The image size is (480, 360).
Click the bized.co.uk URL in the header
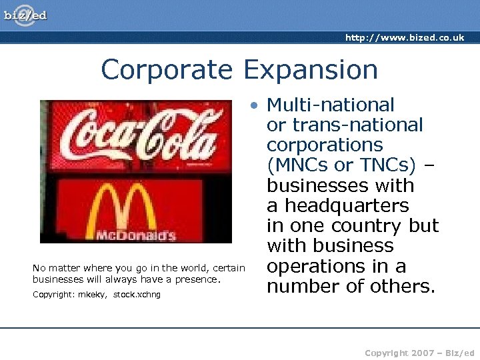(405, 38)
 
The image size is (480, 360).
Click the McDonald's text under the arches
(135, 235)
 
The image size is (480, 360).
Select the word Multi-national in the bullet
(331, 105)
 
